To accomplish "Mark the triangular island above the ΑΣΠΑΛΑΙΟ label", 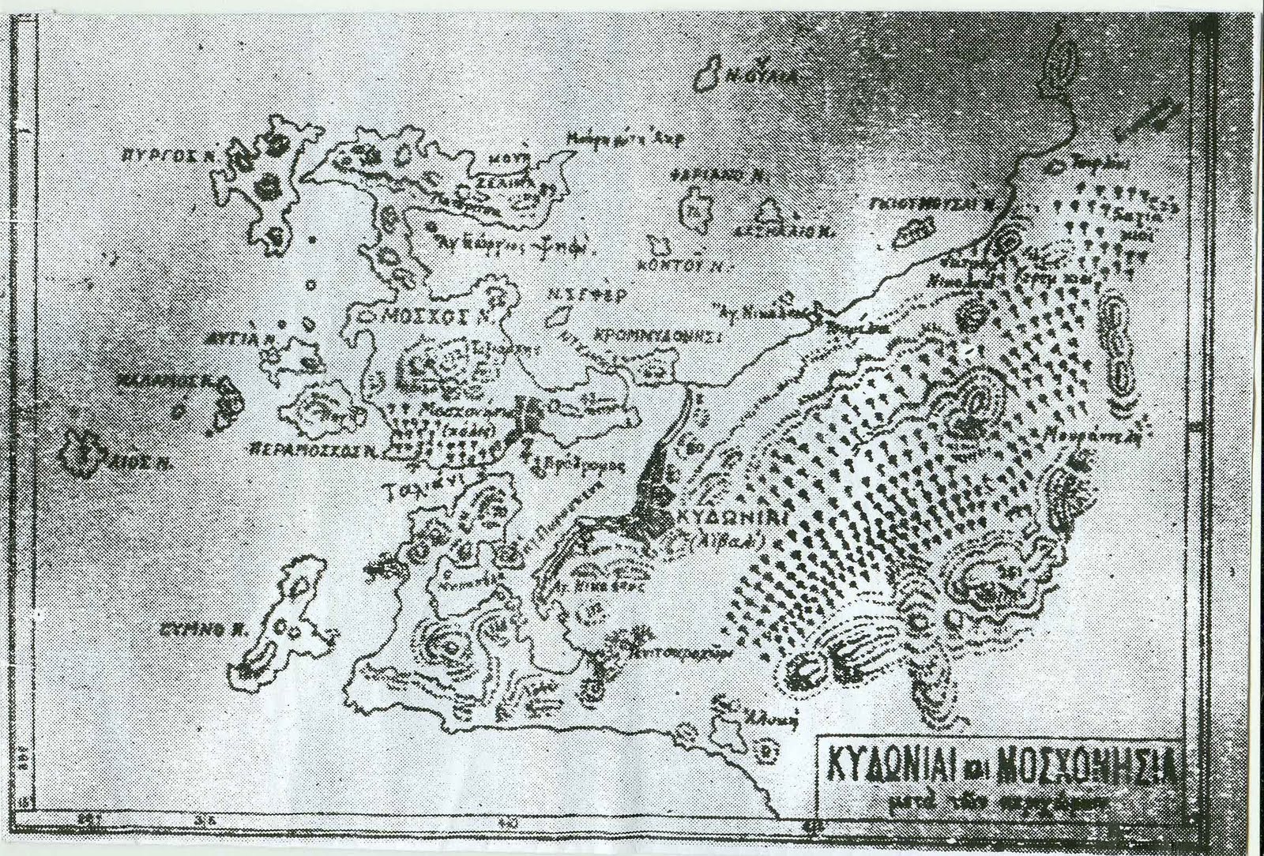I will click(767, 211).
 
